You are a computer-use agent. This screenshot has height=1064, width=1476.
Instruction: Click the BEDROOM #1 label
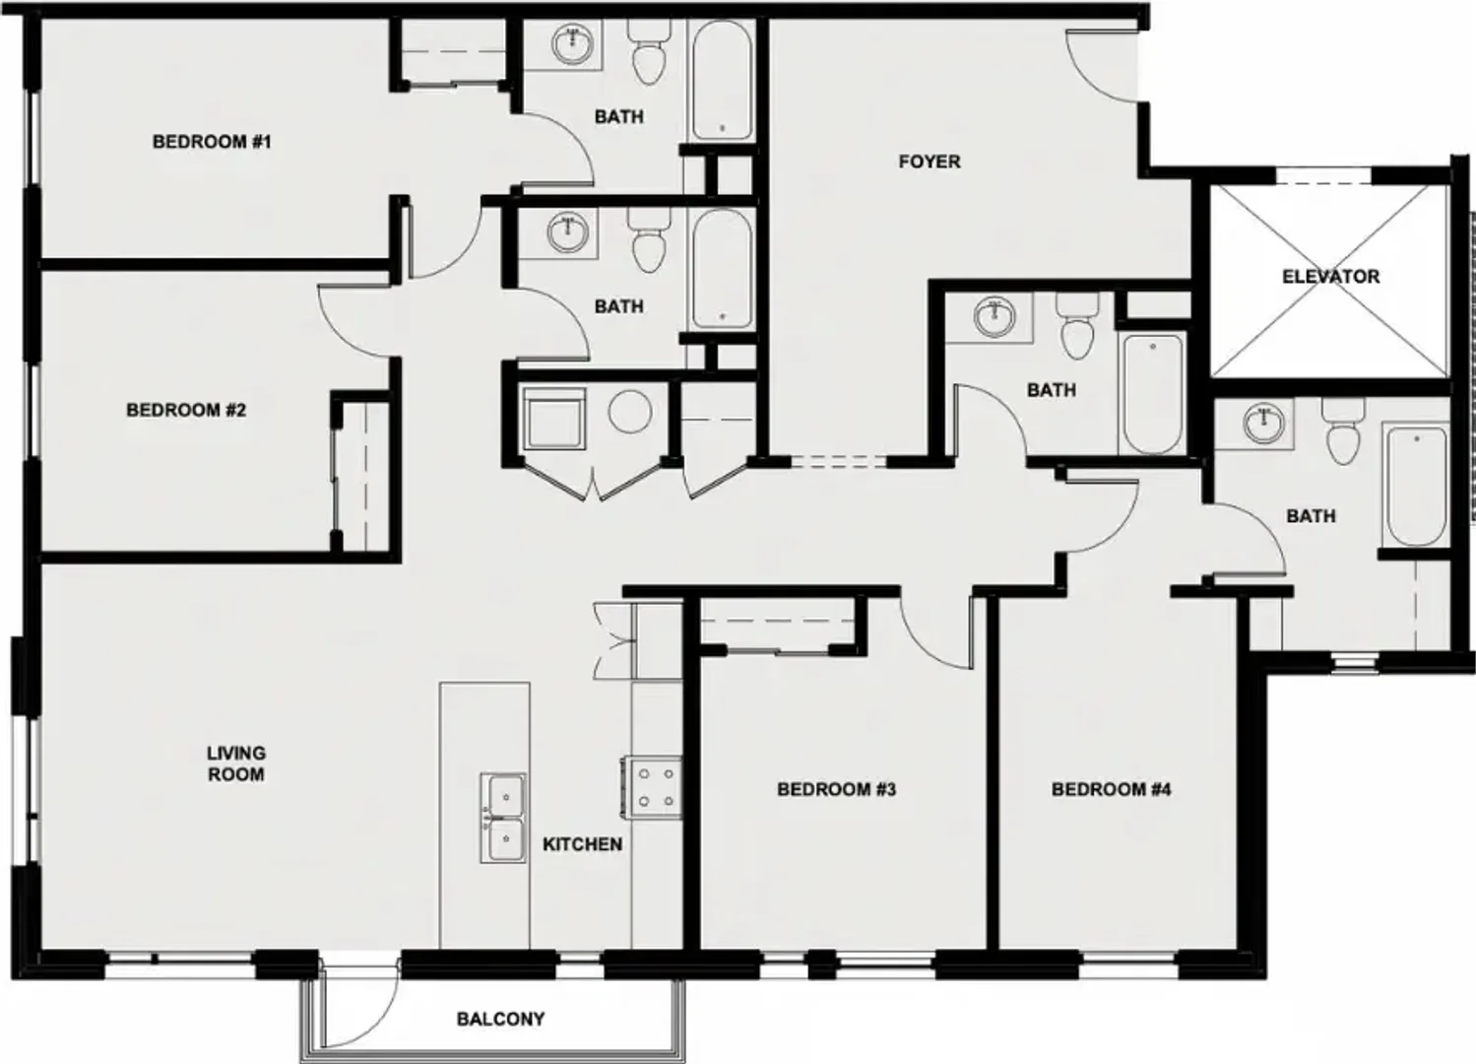212,142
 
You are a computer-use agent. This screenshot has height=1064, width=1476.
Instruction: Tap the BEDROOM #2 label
186,410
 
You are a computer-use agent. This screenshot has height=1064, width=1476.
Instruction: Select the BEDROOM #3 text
836,789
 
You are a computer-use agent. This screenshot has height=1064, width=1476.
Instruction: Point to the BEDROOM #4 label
1111,789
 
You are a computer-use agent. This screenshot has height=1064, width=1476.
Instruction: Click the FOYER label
930,162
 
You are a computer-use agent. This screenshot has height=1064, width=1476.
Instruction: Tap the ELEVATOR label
1330,276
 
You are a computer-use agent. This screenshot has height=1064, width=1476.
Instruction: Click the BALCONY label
501,1019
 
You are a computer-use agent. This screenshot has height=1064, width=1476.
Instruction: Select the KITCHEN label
583,844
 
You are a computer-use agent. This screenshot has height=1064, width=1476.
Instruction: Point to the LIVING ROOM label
236,764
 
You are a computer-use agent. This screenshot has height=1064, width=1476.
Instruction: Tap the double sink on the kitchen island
503,818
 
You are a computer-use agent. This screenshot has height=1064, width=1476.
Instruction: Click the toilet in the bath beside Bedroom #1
649,53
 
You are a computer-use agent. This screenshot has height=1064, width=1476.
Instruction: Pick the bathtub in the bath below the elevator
1416,487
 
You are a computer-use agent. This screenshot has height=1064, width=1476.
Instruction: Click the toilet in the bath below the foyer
1077,326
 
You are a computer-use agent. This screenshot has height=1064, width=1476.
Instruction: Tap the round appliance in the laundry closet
630,412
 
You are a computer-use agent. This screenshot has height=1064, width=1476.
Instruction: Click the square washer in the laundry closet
554,420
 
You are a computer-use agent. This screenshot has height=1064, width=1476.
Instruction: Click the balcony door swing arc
372,1015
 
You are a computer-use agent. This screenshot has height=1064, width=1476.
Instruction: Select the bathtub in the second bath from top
722,269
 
